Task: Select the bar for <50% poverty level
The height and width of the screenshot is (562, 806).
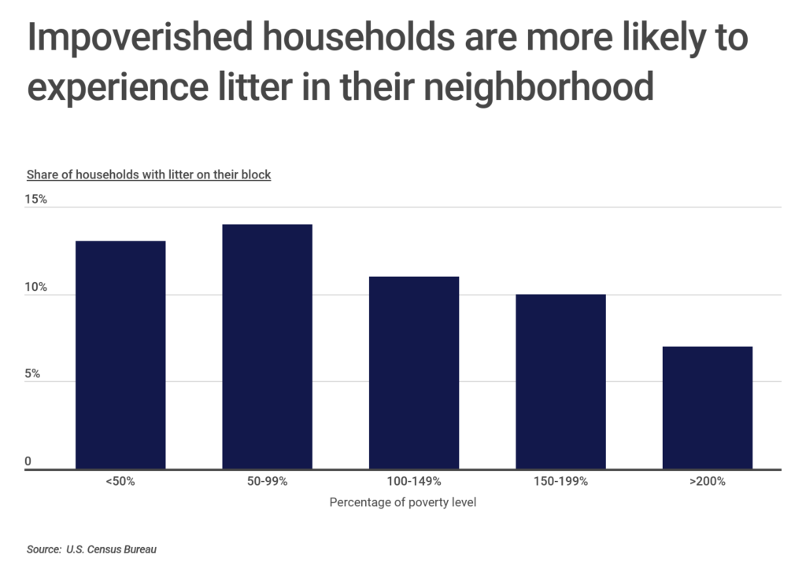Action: (x=120, y=355)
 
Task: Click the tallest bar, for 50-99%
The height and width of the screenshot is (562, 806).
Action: (x=267, y=347)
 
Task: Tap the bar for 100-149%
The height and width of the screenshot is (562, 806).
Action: (x=414, y=373)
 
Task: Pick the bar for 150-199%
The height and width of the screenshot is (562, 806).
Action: (x=560, y=382)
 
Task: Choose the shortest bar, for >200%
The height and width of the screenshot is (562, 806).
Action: (x=708, y=408)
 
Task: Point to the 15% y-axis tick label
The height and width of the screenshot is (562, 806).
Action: (x=36, y=200)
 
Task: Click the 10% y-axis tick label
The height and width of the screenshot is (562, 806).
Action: (x=36, y=288)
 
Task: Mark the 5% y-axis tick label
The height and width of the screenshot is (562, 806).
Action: (x=33, y=375)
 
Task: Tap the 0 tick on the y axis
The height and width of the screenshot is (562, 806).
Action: (x=28, y=461)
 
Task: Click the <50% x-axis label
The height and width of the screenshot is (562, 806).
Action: (x=120, y=481)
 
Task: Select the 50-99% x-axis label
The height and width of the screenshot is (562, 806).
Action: (x=267, y=481)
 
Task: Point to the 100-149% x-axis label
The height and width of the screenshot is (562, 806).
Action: (x=414, y=481)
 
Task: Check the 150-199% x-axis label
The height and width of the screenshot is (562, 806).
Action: (x=560, y=481)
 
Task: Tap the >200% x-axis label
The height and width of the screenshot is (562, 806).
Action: (x=708, y=481)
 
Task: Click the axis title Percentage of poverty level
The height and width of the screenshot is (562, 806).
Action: (x=403, y=502)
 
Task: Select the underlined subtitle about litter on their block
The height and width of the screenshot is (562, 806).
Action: (x=149, y=174)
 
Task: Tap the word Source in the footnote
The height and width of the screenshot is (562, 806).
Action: (x=43, y=549)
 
